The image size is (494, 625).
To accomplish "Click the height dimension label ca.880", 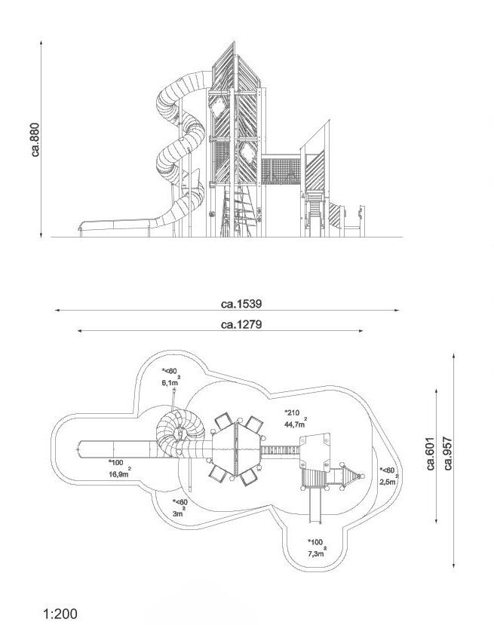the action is click(35, 139).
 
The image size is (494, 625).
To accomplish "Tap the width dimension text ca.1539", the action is click(241, 304).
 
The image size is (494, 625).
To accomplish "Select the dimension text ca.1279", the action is click(241, 325).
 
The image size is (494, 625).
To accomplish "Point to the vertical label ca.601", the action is click(430, 454).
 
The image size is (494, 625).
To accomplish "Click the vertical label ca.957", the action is click(448, 454).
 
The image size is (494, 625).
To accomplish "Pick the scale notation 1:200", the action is click(60, 614).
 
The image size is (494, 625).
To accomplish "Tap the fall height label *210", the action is click(292, 412).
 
